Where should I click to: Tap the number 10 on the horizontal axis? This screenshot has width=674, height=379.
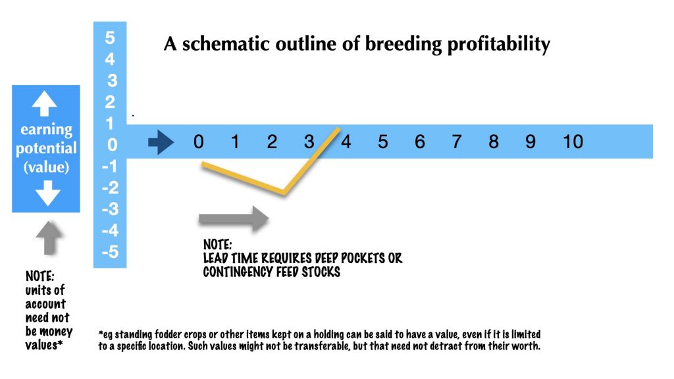[573, 141]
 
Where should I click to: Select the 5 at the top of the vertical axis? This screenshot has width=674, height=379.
[110, 38]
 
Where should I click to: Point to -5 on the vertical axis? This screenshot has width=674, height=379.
[110, 251]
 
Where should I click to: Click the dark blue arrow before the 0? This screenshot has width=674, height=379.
[161, 142]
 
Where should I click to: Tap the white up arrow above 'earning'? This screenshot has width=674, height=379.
[44, 103]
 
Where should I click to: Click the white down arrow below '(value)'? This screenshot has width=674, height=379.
[47, 193]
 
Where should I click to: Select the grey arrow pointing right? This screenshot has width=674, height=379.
[234, 218]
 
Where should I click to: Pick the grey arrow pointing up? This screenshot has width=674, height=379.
[49, 238]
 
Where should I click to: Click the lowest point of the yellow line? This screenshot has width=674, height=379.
[283, 193]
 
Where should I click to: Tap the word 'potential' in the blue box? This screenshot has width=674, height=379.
[46, 148]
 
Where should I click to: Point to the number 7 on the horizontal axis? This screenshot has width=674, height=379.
[457, 141]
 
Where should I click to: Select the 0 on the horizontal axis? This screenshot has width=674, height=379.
[198, 141]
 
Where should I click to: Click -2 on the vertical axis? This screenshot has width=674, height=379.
[110, 188]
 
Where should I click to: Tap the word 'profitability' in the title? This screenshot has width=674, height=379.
[499, 44]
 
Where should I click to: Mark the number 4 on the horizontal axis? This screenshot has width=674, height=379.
[346, 141]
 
